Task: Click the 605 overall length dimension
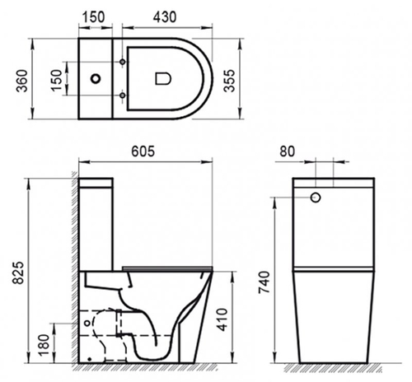click(145, 154)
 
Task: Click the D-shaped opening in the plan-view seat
click(162, 79)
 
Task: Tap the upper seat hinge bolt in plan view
click(124, 63)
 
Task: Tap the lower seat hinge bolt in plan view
click(124, 95)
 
